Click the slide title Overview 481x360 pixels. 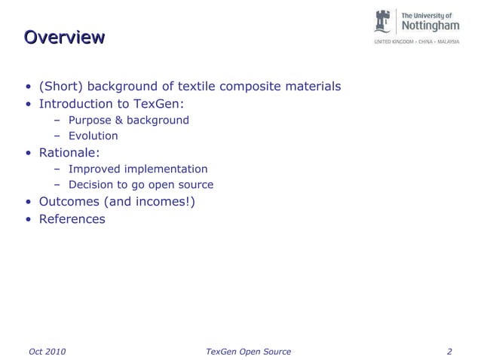coord(63,37)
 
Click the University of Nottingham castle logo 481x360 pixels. coord(384,22)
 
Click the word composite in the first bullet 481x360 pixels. coord(253,87)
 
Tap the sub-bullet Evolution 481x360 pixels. coord(93,136)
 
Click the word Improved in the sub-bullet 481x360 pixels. coord(96,169)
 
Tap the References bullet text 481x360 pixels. coord(72,219)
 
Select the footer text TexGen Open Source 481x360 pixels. coord(248,351)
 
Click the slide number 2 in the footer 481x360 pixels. coord(449,351)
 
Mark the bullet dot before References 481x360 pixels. coord(27,220)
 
